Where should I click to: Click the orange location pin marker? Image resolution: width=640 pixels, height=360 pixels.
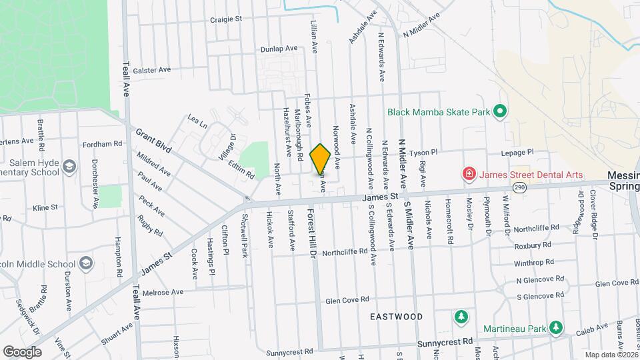point(321,159)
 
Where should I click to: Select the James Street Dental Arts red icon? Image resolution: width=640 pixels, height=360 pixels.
point(469,175)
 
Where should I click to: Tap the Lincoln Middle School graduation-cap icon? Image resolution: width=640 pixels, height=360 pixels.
point(85,263)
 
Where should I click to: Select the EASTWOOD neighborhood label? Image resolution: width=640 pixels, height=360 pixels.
point(396,317)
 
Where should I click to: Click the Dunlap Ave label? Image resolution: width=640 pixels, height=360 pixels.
point(279,49)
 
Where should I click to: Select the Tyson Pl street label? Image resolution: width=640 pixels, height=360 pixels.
point(427,152)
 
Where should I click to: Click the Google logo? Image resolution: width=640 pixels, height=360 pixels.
point(22,351)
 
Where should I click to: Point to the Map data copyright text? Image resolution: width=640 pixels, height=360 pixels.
point(611,355)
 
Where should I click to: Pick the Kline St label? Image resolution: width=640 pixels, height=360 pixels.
point(45,208)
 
